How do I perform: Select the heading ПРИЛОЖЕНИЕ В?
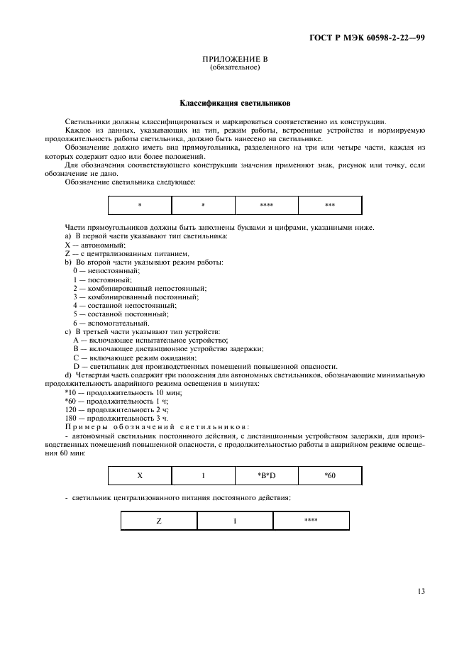tap(235, 60)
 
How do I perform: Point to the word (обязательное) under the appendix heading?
tap(235, 68)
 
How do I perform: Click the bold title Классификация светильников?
tap(234, 103)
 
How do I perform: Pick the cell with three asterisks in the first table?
tap(330, 205)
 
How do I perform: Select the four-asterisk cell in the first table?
tap(267, 205)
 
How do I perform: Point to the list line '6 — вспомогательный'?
tap(111, 323)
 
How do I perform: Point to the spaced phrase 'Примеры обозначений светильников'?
tap(157, 426)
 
